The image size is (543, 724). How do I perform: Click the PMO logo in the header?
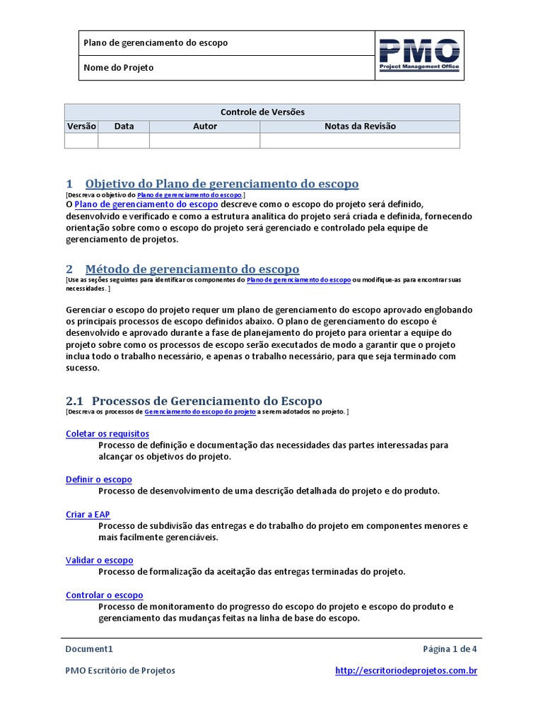419,55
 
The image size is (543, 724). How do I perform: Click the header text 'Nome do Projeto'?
119,68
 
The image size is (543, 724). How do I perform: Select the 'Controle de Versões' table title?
262,112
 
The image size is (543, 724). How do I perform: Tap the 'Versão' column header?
81,127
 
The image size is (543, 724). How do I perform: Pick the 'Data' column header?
124,127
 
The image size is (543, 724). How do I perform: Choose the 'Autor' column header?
205,127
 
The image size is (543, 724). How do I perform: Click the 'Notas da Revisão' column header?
360,127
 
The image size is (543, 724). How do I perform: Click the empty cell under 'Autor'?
205,141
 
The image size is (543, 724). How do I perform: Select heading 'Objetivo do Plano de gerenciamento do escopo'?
222,184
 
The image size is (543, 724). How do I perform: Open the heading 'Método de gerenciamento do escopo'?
192,269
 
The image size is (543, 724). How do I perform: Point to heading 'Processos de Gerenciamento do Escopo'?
207,401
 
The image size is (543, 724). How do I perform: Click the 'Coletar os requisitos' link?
107,433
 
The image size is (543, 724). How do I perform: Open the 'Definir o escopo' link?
99,479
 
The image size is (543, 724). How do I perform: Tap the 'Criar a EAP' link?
88,515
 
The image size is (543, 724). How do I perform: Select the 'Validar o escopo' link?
100,560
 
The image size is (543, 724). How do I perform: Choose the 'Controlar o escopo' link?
105,595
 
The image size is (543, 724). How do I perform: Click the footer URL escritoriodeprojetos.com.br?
406,670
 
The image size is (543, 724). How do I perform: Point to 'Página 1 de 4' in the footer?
450,649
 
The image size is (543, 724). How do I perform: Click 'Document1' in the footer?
89,649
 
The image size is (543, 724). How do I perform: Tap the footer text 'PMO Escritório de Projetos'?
120,670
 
